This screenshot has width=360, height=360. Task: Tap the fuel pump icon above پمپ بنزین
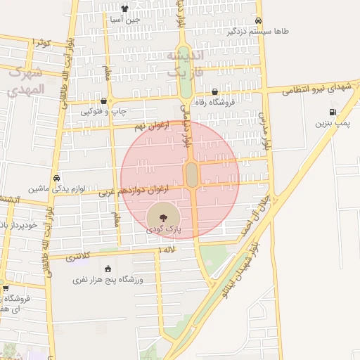tap(332, 112)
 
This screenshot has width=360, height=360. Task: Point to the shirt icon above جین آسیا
tap(125, 9)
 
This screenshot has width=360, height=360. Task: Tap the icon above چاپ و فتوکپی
tap(103, 101)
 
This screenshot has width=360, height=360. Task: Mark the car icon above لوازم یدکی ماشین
tap(56, 178)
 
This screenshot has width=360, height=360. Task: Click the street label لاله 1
tap(166, 250)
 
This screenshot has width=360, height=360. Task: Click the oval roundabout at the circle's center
tap(191, 175)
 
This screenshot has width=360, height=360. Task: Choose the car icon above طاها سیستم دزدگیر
tap(259, 20)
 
